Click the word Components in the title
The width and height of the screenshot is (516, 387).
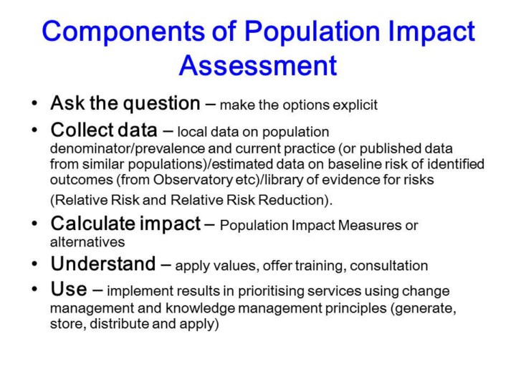[x=123, y=32]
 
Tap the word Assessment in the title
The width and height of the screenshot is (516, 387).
[x=258, y=65]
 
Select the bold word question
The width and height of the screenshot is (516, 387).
[x=161, y=105]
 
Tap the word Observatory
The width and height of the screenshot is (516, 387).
[x=193, y=180]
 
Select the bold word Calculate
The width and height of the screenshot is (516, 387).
[x=92, y=224]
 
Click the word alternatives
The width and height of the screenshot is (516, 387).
[x=87, y=242]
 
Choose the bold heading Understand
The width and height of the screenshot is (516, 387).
[x=103, y=264]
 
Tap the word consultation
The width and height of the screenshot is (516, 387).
[x=389, y=266]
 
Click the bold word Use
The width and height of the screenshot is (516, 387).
[x=69, y=289]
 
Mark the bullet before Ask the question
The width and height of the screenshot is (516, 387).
[x=34, y=103]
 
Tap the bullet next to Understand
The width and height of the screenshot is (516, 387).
[x=34, y=264]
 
